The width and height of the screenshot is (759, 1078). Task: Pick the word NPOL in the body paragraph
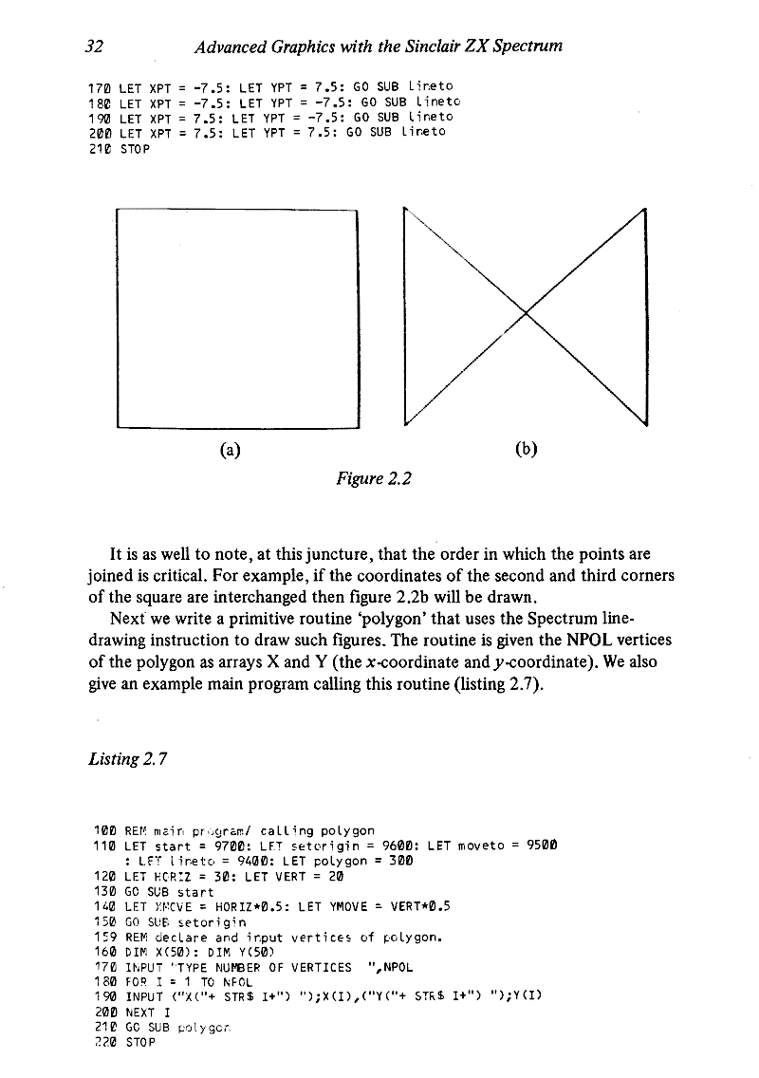click(x=588, y=638)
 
